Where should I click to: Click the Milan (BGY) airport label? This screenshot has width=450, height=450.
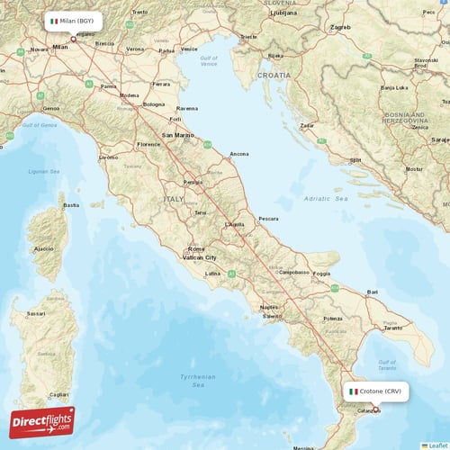coord(72,21)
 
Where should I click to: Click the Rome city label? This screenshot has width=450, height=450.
coord(195,248)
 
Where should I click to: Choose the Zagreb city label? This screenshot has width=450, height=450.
coord(340,28)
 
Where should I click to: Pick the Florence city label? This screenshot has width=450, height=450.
coord(148,144)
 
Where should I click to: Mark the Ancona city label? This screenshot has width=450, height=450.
coord(239,154)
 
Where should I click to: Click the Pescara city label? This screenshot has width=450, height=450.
coord(268,219)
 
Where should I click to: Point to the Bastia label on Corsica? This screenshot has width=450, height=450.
coord(69,205)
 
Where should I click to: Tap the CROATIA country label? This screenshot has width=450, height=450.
coord(273,76)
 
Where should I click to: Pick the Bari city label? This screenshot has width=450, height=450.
coord(372,292)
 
